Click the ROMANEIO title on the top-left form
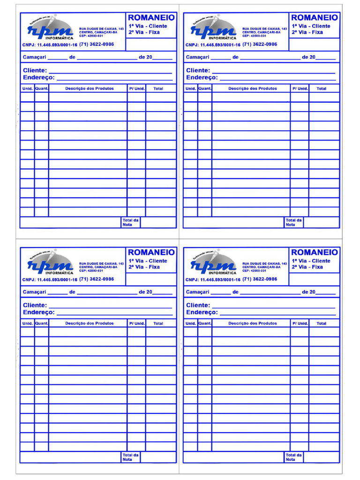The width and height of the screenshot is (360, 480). click(x=151, y=17)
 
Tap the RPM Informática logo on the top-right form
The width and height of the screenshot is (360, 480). click(x=213, y=30)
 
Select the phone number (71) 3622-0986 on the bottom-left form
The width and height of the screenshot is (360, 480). click(x=97, y=279)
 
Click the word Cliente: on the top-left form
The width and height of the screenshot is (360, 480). click(x=35, y=70)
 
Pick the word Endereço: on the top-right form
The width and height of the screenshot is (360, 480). click(x=202, y=77)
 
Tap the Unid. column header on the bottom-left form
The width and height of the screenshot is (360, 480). click(x=27, y=323)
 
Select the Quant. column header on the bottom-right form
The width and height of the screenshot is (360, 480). click(x=205, y=323)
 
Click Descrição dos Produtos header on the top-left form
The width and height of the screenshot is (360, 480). click(x=89, y=89)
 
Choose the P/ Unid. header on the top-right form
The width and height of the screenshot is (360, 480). click(x=300, y=89)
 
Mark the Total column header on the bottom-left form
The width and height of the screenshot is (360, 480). click(x=158, y=323)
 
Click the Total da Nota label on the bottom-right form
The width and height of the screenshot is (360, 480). click(x=294, y=457)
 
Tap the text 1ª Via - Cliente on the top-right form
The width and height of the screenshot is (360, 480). click(x=311, y=26)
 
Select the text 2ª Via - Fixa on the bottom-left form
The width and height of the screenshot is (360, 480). click(x=144, y=267)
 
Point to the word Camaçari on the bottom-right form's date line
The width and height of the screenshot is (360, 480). click(x=197, y=292)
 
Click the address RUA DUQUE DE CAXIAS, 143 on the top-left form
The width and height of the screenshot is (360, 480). click(x=101, y=29)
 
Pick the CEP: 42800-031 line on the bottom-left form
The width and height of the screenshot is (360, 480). click(x=91, y=271)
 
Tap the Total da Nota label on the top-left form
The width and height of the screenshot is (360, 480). click(x=130, y=222)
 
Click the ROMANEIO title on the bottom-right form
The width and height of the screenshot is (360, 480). click(x=314, y=252)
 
